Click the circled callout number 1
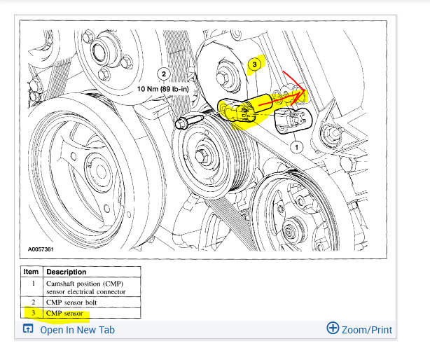pos(296,147)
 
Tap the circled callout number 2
pos(164,74)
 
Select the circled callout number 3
pos(255,64)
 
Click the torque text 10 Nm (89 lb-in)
pos(166,90)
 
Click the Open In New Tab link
pos(77,330)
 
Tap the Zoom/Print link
pos(367,329)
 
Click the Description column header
pos(67,272)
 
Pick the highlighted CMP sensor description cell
pos(64,313)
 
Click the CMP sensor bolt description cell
pos(72,302)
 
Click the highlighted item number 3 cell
pos(32,313)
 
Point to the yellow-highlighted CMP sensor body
pos(242,110)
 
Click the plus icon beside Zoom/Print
pos(333,328)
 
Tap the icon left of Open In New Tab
pos(28,330)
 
